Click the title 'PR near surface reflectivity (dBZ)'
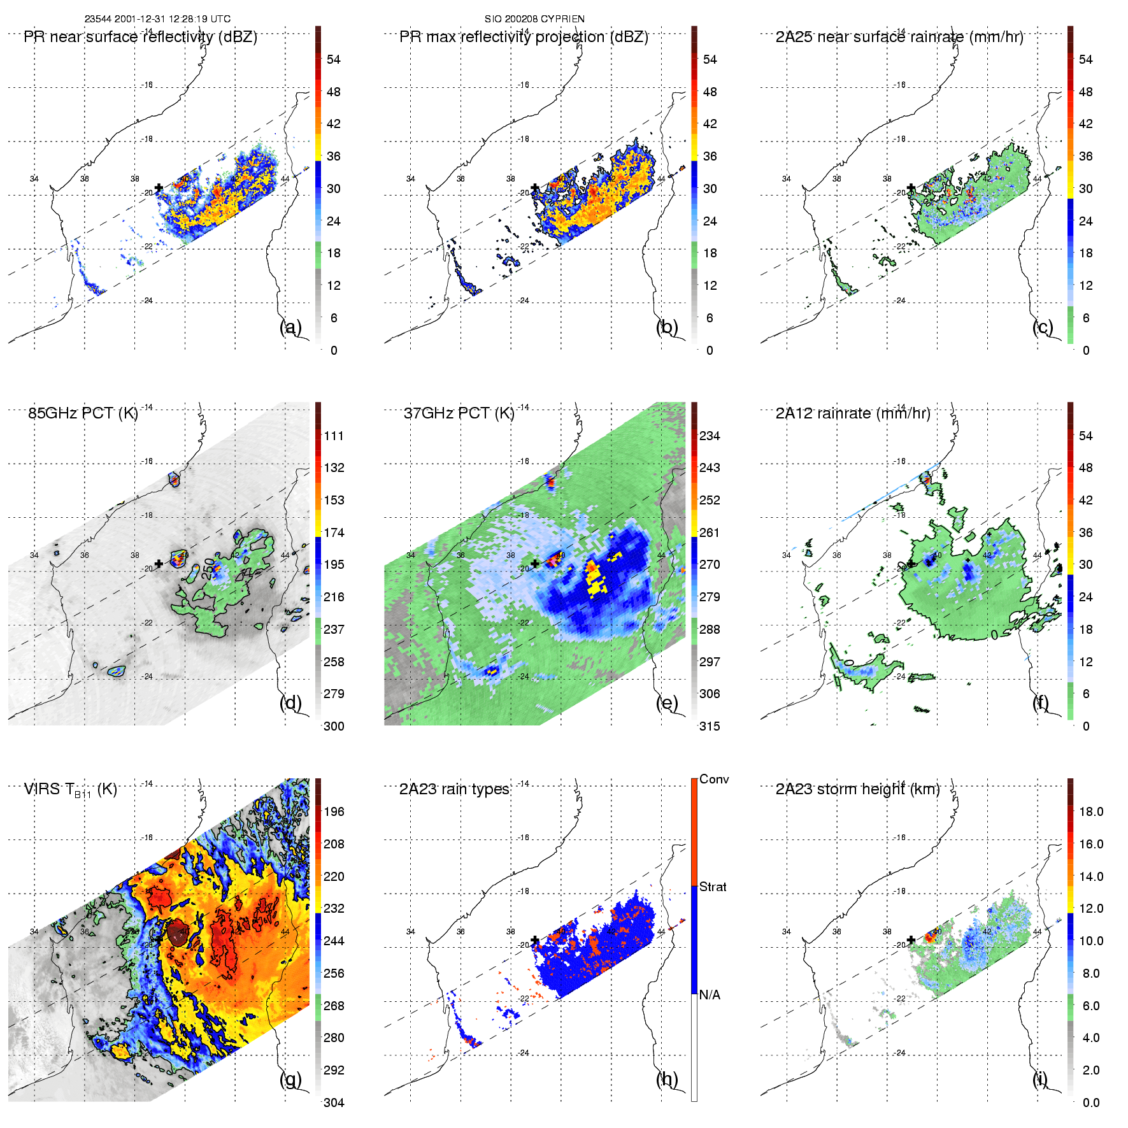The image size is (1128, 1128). click(x=140, y=37)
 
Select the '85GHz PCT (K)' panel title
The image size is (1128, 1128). click(x=83, y=413)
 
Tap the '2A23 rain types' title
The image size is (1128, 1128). click(x=454, y=790)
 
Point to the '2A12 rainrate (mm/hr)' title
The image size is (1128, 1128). click(x=853, y=413)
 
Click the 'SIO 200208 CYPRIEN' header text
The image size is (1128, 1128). click(x=534, y=19)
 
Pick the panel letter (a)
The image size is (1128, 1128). click(x=290, y=327)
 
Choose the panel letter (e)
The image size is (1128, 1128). click(x=667, y=703)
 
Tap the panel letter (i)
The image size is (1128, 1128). click(x=1039, y=1079)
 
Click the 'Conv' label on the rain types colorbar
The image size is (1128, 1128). click(x=714, y=780)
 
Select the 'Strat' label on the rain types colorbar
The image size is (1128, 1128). click(x=713, y=887)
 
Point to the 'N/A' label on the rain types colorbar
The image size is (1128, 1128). click(x=710, y=995)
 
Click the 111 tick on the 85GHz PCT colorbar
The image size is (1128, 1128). click(x=334, y=436)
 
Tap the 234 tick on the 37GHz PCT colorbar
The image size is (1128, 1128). click(x=710, y=436)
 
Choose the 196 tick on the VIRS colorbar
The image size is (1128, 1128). click(x=334, y=812)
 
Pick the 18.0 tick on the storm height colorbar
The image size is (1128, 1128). click(x=1091, y=812)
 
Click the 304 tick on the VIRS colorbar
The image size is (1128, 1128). click(x=334, y=1103)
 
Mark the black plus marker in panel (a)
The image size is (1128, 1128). click(x=159, y=187)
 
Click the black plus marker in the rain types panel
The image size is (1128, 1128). click(x=535, y=940)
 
